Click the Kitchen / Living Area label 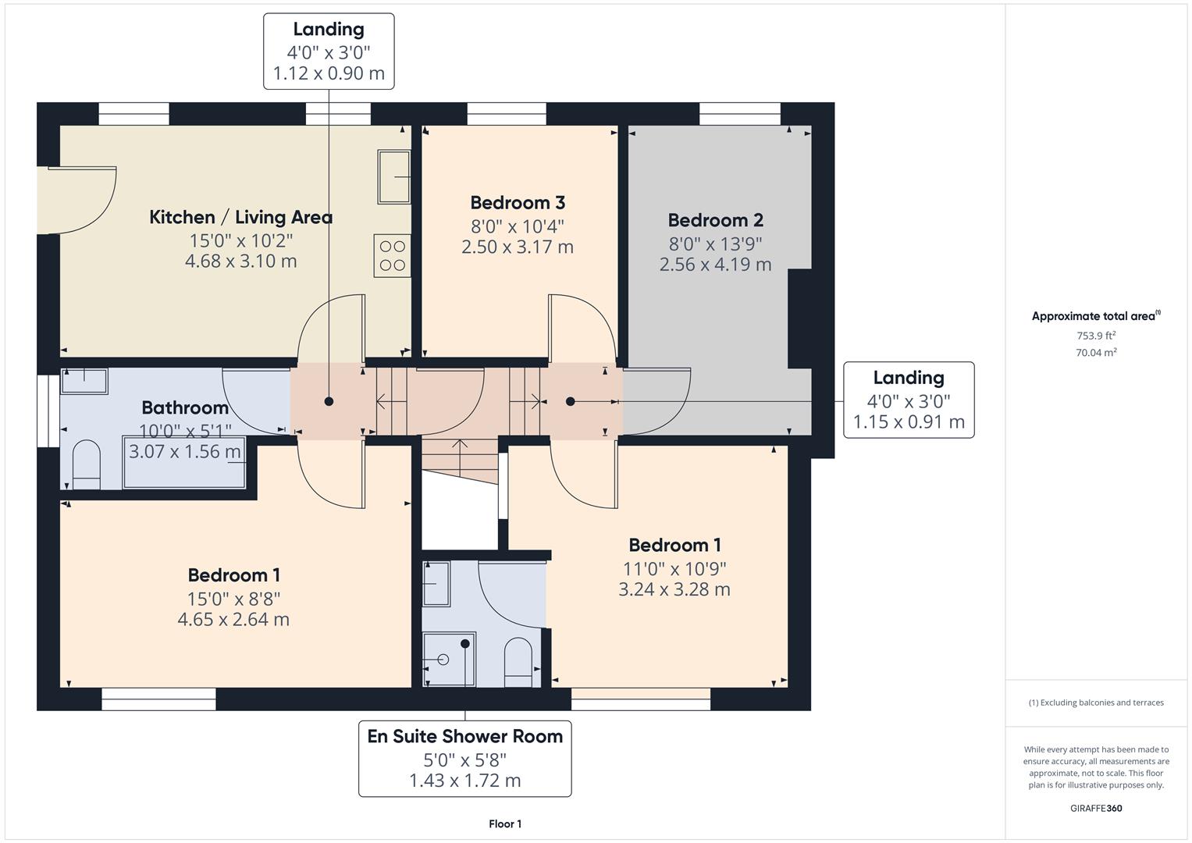pos(240,217)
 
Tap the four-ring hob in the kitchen pos(392,255)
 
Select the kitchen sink pos(394,177)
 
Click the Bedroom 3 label pos(517,203)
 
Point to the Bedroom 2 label pos(715,220)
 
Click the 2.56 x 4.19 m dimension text pos(715,265)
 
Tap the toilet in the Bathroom pos(86,465)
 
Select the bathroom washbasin pos(84,381)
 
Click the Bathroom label pos(185,407)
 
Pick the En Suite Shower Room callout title pos(464,736)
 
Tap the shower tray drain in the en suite pos(443,660)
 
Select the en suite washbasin pos(436,584)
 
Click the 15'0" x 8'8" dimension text pos(233,598)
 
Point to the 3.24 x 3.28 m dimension pos(674,589)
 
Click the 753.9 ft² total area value pos(1096,336)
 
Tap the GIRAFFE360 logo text pos(1096,808)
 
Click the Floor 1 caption pos(505,823)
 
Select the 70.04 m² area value pos(1096,353)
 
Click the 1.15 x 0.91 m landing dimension pos(909,422)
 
